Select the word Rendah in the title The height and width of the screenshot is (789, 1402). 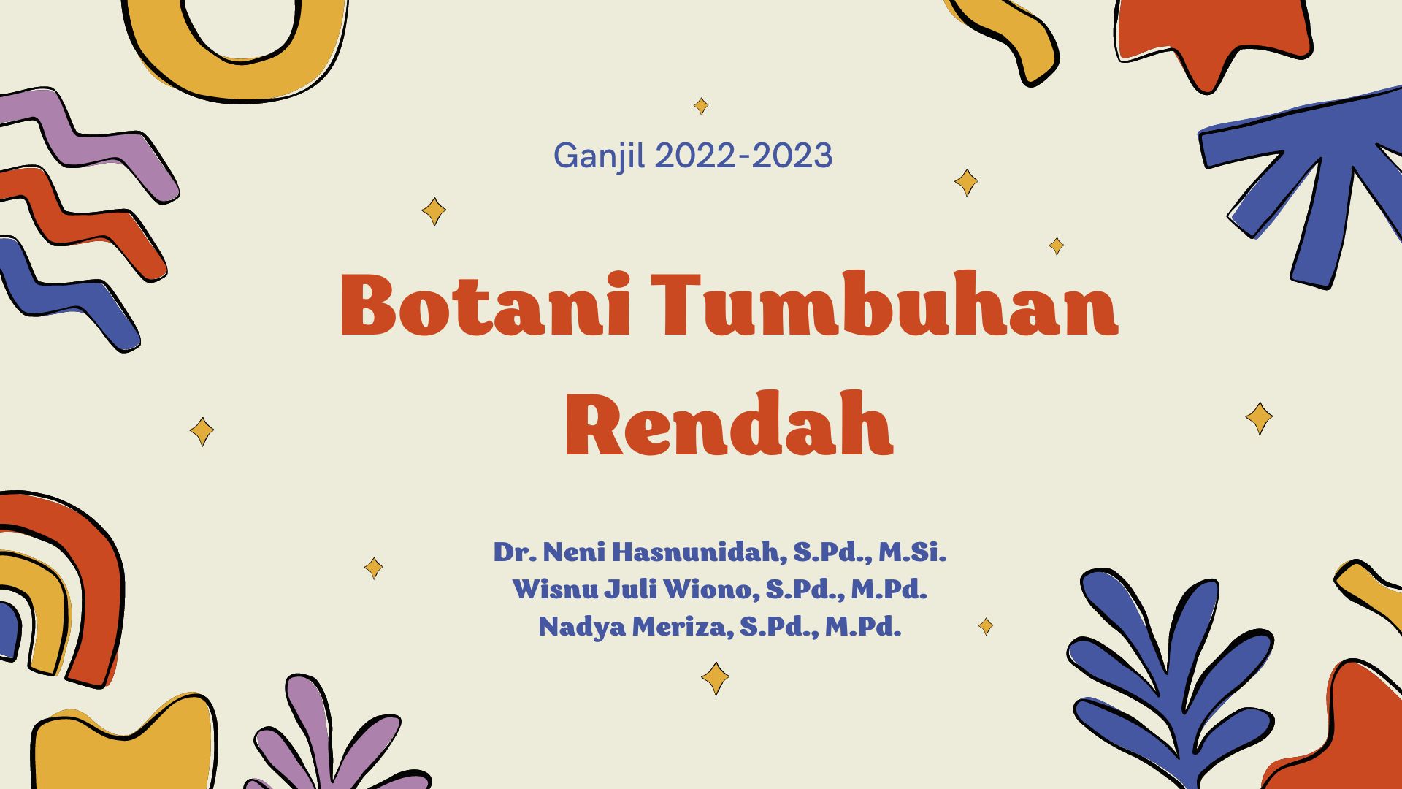coord(729,424)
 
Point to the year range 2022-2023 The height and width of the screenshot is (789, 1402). coord(743,156)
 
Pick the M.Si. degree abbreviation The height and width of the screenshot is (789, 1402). coord(912,552)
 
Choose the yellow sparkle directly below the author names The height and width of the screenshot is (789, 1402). coord(715,679)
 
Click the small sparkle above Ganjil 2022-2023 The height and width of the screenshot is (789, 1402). coord(701,106)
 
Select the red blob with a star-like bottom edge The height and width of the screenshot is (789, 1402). coord(1212,37)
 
